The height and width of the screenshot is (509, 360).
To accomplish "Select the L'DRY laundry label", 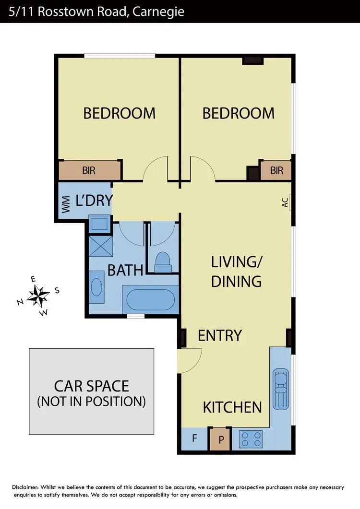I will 94,200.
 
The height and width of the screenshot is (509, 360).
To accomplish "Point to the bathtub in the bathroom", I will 150,300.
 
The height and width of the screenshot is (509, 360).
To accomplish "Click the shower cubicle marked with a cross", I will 101,248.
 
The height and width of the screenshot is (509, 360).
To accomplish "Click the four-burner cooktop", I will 251,438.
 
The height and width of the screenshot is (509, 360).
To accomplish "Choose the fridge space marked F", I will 194,438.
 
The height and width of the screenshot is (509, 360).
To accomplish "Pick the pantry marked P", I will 221,439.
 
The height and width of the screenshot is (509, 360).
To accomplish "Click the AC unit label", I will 286,204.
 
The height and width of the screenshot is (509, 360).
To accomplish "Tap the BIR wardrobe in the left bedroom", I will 89,171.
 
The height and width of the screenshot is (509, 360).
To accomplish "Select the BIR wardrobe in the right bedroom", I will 276,170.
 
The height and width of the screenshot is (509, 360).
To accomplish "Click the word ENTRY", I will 220,335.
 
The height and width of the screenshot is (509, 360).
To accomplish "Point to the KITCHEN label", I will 232,407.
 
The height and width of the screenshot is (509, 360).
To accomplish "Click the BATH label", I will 125,270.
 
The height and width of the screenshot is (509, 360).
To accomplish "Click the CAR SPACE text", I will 91,386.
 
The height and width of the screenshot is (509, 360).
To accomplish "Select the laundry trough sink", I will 100,224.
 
